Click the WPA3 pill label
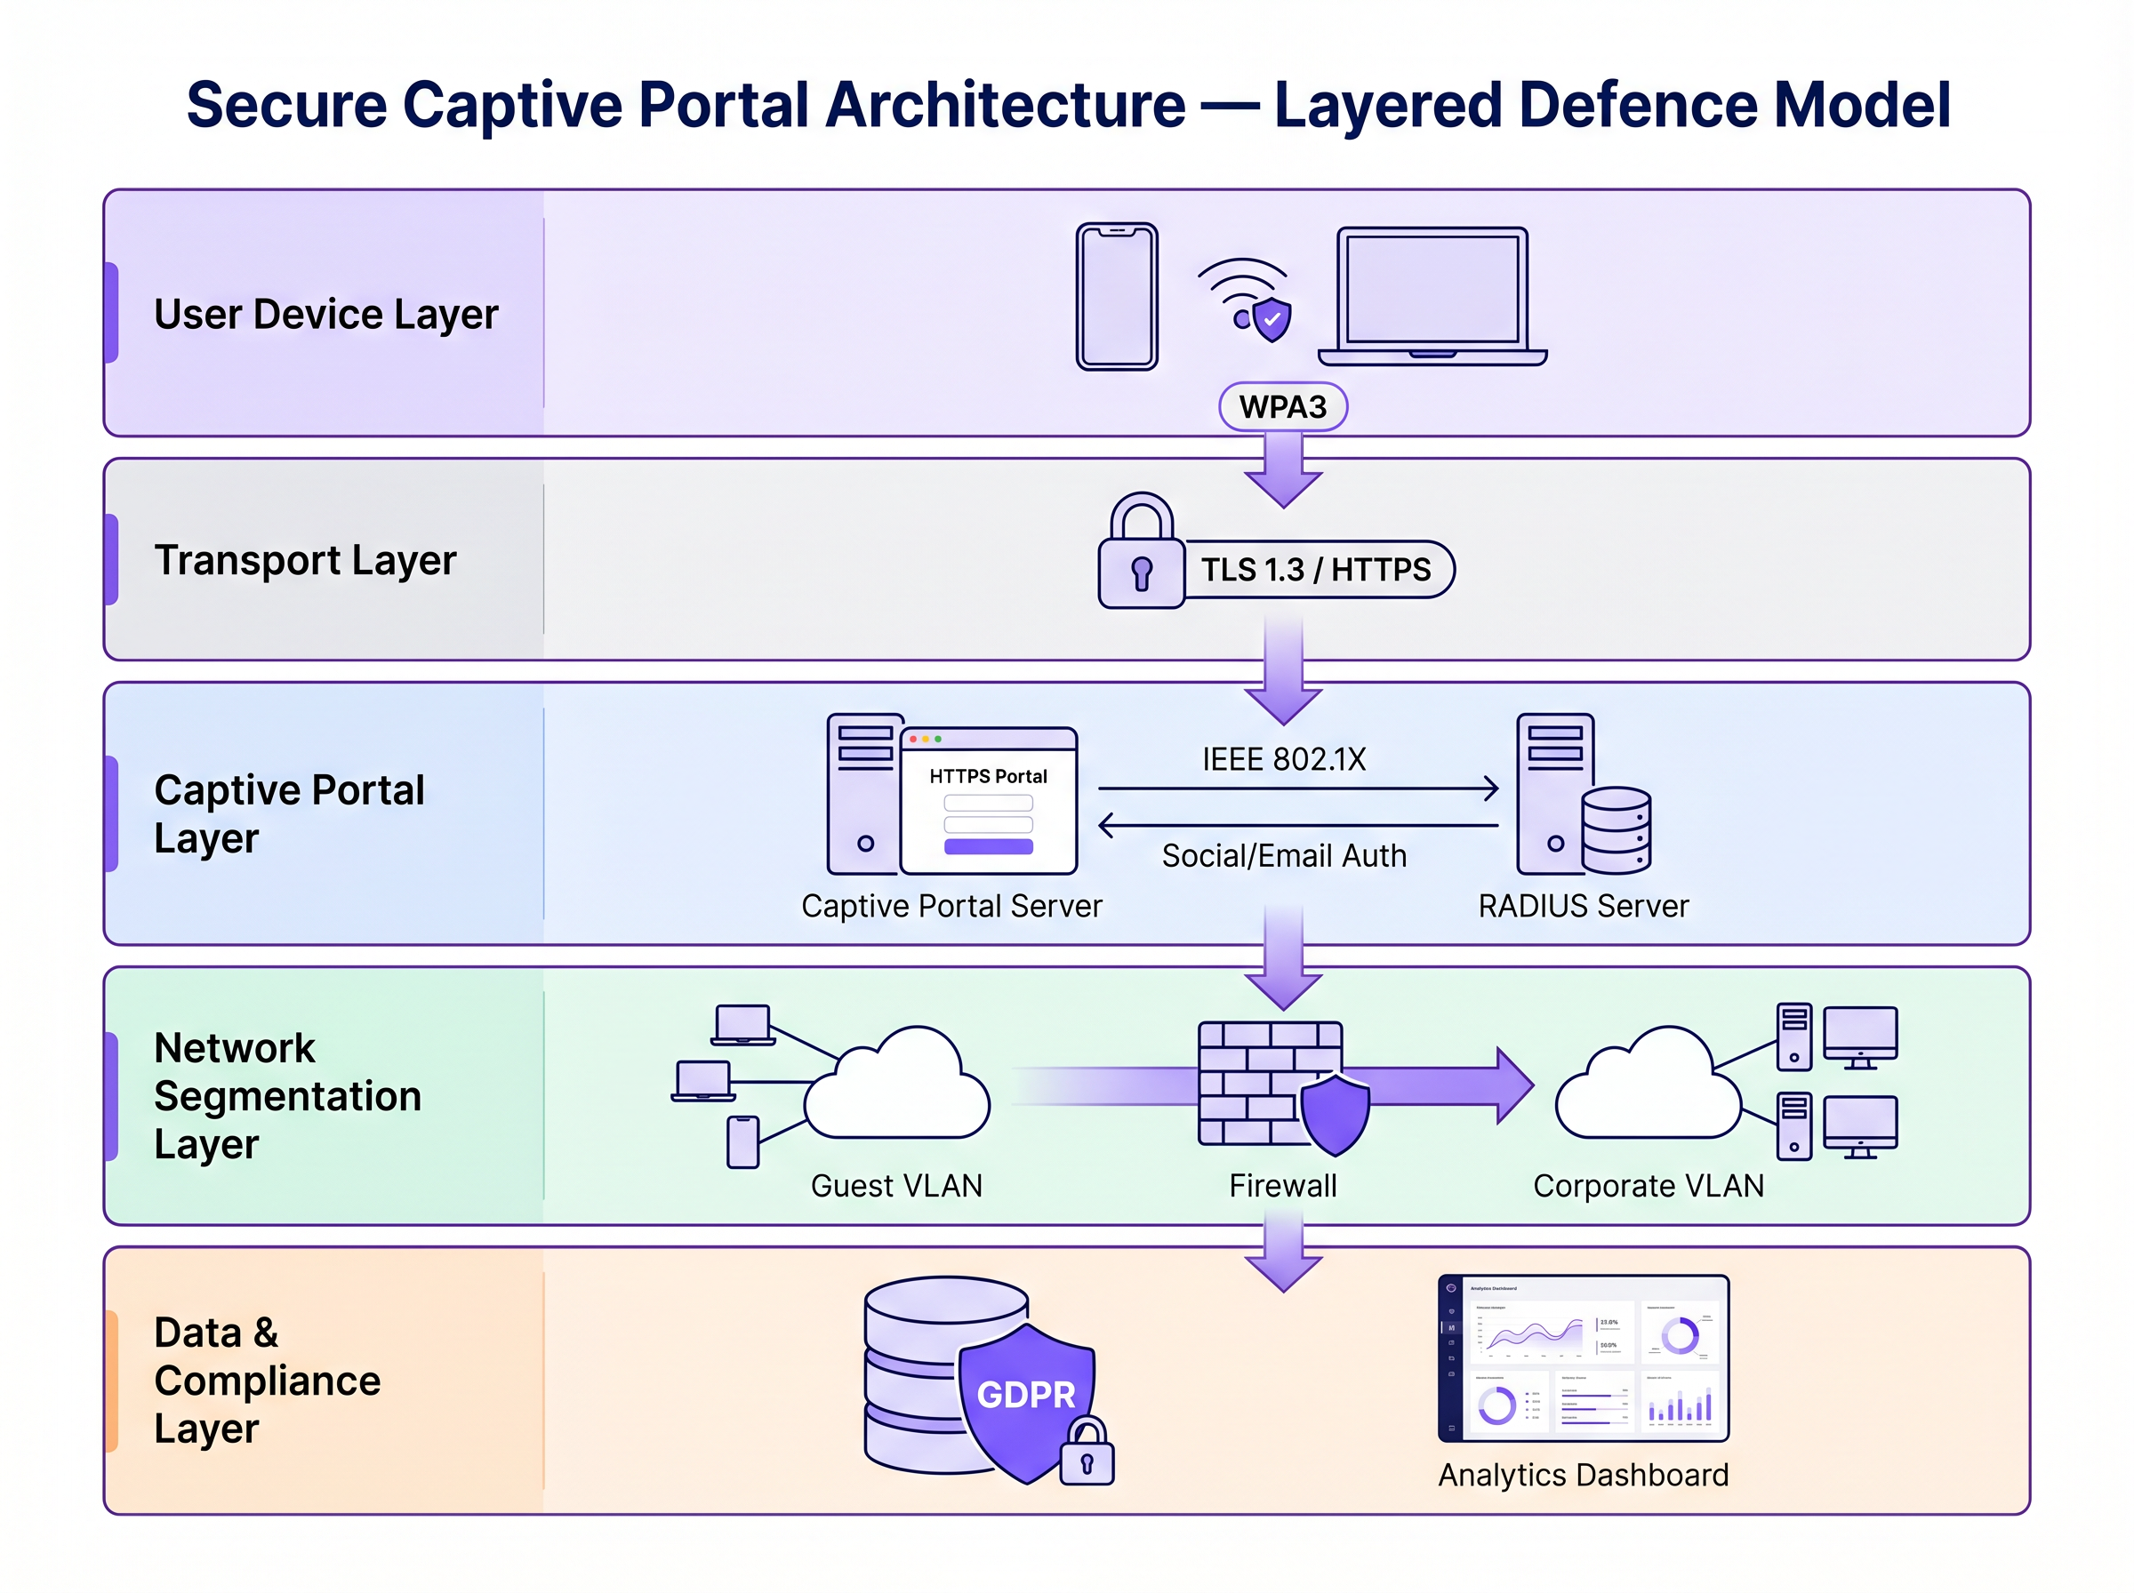(1282, 407)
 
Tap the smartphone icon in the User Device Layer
(1117, 297)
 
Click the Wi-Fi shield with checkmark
(1272, 318)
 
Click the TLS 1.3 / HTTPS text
(1315, 570)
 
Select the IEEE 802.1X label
(1283, 760)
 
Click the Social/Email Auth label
(1283, 856)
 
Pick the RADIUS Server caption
(1584, 907)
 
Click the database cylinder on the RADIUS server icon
(1617, 830)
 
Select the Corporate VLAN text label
(1648, 1186)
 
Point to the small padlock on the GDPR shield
(1087, 1453)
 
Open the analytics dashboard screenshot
(1583, 1358)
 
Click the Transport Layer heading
(305, 560)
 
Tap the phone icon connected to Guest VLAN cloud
(742, 1142)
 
